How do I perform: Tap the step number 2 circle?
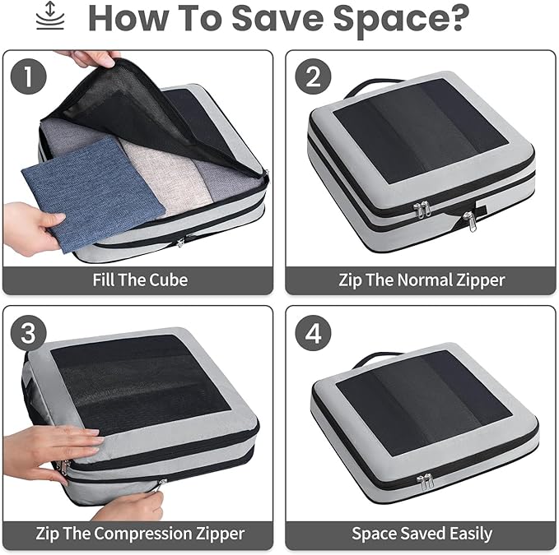[313, 77]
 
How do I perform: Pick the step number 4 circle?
[313, 333]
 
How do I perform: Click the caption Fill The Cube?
[139, 280]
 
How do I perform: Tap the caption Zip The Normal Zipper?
[421, 280]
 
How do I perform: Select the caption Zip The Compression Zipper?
[139, 534]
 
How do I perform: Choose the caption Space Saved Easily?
[421, 534]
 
